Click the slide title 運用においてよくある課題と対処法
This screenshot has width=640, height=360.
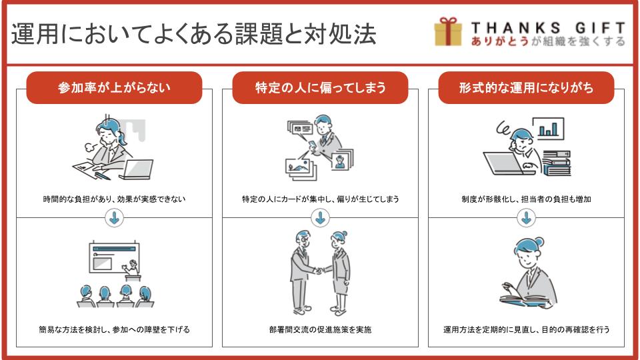tap(193, 33)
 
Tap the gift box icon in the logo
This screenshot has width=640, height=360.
tap(448, 31)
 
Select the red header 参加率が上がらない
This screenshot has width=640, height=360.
tap(114, 88)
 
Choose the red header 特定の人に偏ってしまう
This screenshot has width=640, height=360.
tap(321, 88)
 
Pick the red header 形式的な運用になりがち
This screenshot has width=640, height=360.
tap(526, 88)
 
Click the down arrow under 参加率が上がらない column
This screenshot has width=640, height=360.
tap(114, 218)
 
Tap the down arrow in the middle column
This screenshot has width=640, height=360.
tap(321, 218)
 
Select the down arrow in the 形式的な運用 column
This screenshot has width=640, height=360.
tap(526, 218)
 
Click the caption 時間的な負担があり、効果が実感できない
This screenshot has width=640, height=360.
tap(114, 199)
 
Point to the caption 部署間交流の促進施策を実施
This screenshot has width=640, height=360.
tap(321, 329)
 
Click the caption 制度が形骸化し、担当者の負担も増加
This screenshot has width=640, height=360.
tap(526, 199)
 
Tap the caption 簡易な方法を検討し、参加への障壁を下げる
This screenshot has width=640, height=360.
tap(114, 329)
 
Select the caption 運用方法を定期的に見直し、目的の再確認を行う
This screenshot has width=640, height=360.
tap(526, 329)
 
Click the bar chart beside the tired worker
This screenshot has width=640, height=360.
tap(548, 128)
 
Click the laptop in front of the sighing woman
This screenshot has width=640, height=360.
tap(137, 169)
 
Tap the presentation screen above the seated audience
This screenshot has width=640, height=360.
tap(114, 257)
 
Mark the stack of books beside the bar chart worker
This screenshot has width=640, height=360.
tap(556, 163)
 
